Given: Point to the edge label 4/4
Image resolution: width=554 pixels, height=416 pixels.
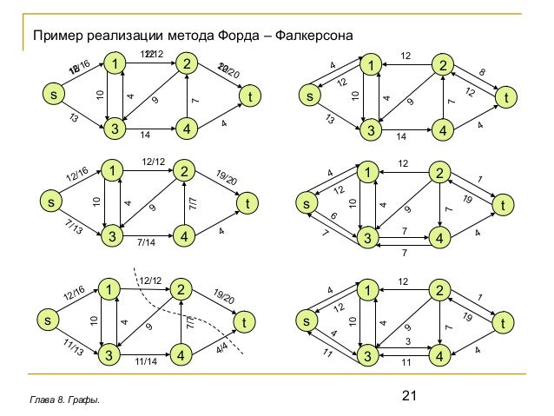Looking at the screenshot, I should point(221,347).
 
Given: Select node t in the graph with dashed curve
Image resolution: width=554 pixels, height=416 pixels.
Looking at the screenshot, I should point(252,322).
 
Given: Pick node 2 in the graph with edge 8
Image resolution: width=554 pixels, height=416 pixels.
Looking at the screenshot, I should point(442,64).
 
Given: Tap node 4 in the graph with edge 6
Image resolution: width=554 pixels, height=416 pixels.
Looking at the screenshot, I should point(442,237).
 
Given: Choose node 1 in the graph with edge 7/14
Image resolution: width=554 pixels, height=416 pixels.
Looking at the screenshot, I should point(112,171).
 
